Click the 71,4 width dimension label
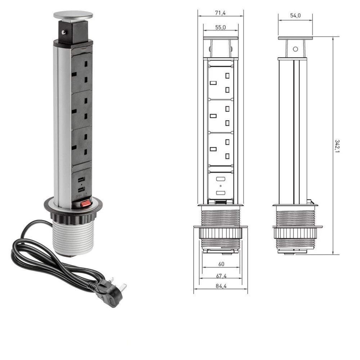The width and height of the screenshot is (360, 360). tap(220, 13)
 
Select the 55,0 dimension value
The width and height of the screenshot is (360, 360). tap(220, 27)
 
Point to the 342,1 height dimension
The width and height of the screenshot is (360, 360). tap(337, 146)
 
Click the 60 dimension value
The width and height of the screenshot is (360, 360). tap(221, 264)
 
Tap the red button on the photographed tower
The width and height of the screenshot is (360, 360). tap(85, 204)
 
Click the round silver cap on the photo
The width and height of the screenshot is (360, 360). tap(73, 15)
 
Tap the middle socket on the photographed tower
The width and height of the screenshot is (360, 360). tap(81, 110)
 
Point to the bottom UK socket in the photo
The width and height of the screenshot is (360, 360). tap(81, 145)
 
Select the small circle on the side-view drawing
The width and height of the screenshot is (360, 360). tap(295, 49)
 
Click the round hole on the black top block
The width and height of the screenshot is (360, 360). tap(64, 32)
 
